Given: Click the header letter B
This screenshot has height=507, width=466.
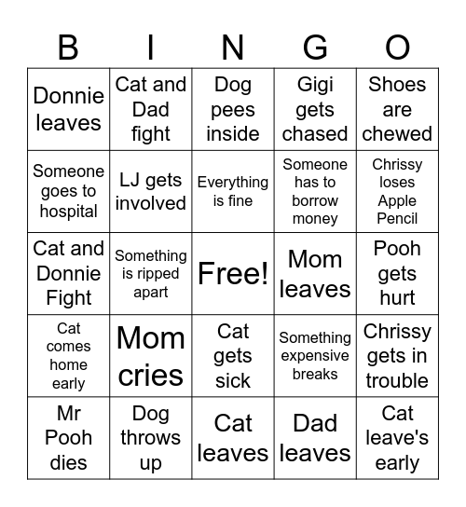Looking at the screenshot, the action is point(68,46).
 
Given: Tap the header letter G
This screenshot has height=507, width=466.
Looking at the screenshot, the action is point(315,46).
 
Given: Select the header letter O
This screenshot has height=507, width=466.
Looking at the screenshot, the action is point(397,46).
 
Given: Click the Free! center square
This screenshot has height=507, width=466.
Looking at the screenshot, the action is point(233,274).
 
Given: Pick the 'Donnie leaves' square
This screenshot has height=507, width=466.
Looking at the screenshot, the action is point(68,109).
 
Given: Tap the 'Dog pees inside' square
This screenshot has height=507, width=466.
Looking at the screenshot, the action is point(233,109).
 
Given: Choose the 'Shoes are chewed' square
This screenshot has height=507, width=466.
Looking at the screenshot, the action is point(397,109).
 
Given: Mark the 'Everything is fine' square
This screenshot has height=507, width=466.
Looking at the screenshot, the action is point(233,191).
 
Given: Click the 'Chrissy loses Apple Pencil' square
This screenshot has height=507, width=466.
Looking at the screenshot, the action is point(397,191).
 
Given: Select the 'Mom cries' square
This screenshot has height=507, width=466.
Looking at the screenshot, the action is point(151,356).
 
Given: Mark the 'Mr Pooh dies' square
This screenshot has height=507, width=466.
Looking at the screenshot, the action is point(68,438).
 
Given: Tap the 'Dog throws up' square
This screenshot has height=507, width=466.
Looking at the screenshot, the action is point(151,438).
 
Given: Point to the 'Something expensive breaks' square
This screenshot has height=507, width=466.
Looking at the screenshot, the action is point(315,356).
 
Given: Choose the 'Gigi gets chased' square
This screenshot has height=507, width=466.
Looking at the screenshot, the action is point(315,109).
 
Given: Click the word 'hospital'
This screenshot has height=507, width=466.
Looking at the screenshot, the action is point(68,211).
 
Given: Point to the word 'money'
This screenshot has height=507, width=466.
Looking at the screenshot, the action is point(315,219).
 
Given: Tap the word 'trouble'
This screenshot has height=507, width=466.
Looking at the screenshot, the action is point(397,381).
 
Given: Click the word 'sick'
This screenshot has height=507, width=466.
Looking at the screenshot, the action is point(233,381).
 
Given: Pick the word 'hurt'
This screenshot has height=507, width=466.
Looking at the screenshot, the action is point(397,298).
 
